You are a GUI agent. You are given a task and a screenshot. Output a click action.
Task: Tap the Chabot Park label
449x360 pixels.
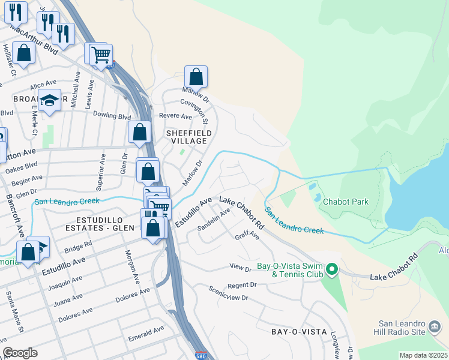tap(345, 202)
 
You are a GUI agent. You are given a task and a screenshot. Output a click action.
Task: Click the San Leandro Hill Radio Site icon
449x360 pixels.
tap(435, 328)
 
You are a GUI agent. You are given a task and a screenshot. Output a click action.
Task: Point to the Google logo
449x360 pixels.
tap(20, 352)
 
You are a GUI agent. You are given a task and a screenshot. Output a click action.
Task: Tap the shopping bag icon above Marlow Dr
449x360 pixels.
tap(196, 77)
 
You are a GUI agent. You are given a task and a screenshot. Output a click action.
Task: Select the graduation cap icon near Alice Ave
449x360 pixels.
tap(50, 101)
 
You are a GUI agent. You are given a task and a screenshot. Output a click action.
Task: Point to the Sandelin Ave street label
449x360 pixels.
tap(214, 220)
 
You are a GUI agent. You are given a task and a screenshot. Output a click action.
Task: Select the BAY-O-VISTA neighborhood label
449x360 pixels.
tap(299, 331)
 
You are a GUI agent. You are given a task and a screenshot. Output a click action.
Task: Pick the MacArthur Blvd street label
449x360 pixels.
tap(34, 39)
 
